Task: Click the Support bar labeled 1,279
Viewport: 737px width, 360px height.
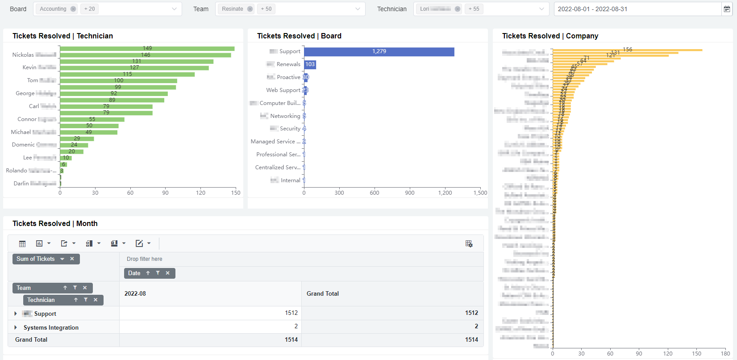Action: point(379,52)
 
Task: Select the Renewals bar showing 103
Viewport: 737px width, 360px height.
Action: point(310,65)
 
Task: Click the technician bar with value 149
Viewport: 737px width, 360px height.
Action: point(147,49)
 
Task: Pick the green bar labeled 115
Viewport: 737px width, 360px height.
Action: point(127,75)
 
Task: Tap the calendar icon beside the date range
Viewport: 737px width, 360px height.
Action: point(727,9)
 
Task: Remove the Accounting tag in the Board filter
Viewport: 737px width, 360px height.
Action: point(73,9)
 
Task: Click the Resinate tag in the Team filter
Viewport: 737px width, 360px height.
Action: point(233,9)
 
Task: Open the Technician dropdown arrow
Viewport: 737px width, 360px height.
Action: point(541,9)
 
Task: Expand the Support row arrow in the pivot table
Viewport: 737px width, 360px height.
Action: point(16,314)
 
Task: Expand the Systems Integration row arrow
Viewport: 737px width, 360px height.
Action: point(16,327)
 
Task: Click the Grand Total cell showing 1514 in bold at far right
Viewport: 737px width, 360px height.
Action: point(471,340)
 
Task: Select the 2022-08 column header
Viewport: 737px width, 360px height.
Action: point(135,294)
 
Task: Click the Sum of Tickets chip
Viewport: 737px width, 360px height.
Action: point(36,259)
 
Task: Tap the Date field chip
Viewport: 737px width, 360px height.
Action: point(134,273)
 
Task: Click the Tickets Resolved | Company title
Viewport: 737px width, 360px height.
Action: point(550,36)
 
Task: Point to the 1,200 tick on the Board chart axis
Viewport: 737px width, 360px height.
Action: point(445,193)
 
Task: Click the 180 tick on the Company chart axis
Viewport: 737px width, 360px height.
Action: point(725,354)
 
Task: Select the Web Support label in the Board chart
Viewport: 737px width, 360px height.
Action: point(283,90)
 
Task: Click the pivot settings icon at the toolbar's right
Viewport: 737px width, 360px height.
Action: point(469,244)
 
